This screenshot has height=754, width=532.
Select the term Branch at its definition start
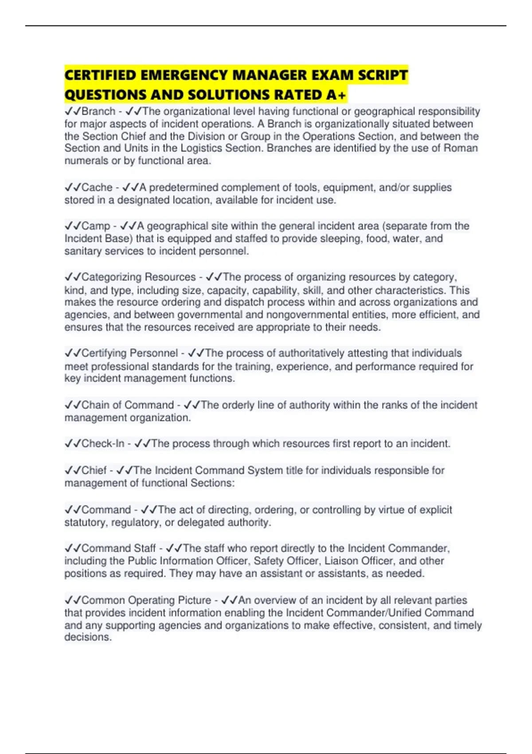(98, 111)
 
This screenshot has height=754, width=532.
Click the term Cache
(97, 188)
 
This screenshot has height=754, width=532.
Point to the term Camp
(95, 226)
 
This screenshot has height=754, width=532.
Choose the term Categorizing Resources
(138, 277)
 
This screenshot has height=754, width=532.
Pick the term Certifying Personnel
(129, 353)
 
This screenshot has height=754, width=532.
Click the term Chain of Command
(128, 405)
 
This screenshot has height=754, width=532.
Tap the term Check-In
(103, 444)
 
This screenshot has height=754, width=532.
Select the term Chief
(94, 470)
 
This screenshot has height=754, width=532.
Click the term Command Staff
(118, 548)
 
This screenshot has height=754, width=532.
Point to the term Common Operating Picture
(146, 600)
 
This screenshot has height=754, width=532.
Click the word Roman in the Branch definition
(461, 148)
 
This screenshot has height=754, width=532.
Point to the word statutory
(86, 522)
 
